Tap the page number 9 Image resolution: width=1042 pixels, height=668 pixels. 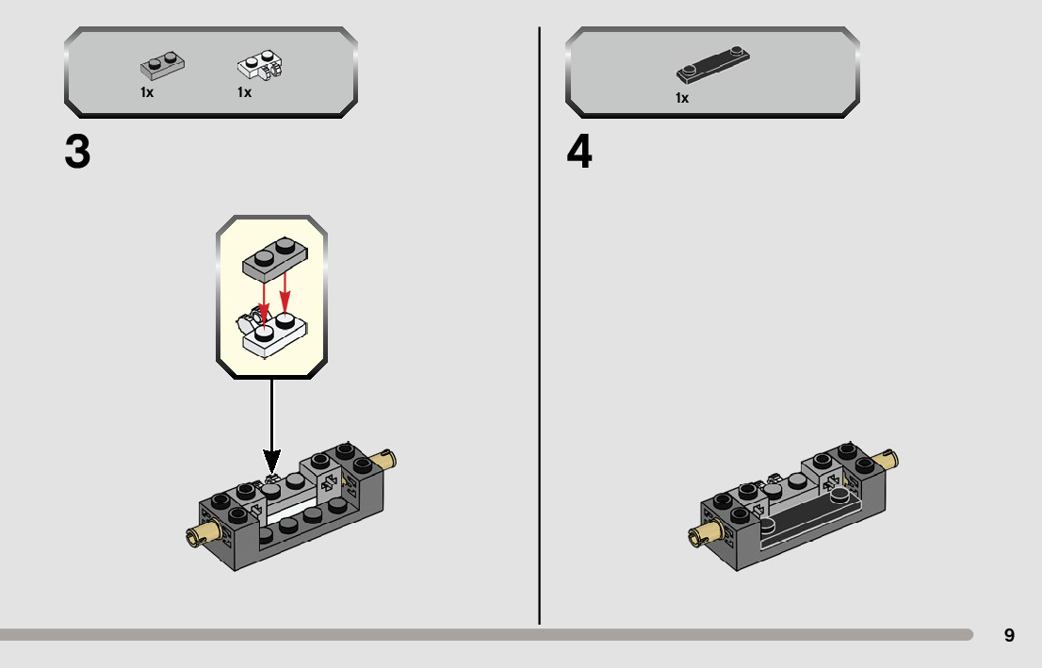coord(1009,636)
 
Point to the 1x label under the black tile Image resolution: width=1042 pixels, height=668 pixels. coord(681,97)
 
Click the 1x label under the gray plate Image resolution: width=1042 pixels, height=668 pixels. coord(147,92)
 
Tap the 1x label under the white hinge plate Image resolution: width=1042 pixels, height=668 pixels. coord(244,92)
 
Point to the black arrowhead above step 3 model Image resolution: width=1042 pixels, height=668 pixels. coord(271,463)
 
